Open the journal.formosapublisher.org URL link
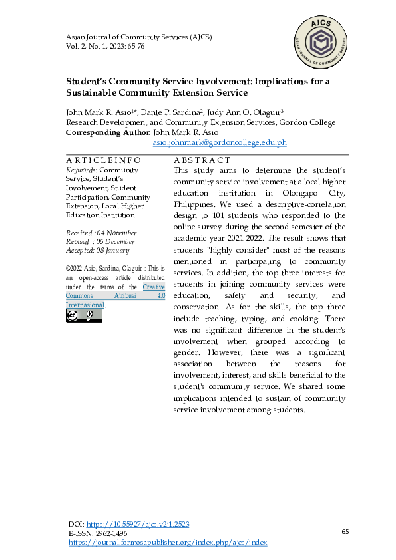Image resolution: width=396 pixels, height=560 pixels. (168, 543)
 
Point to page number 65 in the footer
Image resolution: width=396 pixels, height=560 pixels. (345, 532)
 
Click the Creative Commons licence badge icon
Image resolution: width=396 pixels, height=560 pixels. (84, 315)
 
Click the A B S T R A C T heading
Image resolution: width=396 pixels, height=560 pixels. (202, 160)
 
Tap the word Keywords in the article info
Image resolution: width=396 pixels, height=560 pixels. (81, 170)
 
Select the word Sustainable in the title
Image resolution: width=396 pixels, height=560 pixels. (97, 92)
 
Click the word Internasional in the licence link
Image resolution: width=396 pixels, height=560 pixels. (85, 305)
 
